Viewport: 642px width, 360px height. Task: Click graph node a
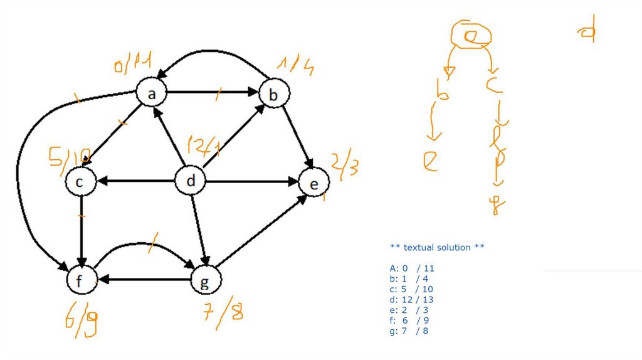point(152,94)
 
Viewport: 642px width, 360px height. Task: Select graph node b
point(273,95)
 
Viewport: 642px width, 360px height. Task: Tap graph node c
point(81,182)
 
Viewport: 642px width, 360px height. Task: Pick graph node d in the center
point(191,182)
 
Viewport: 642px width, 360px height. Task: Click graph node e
point(313,183)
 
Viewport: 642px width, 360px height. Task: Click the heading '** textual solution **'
point(437,248)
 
